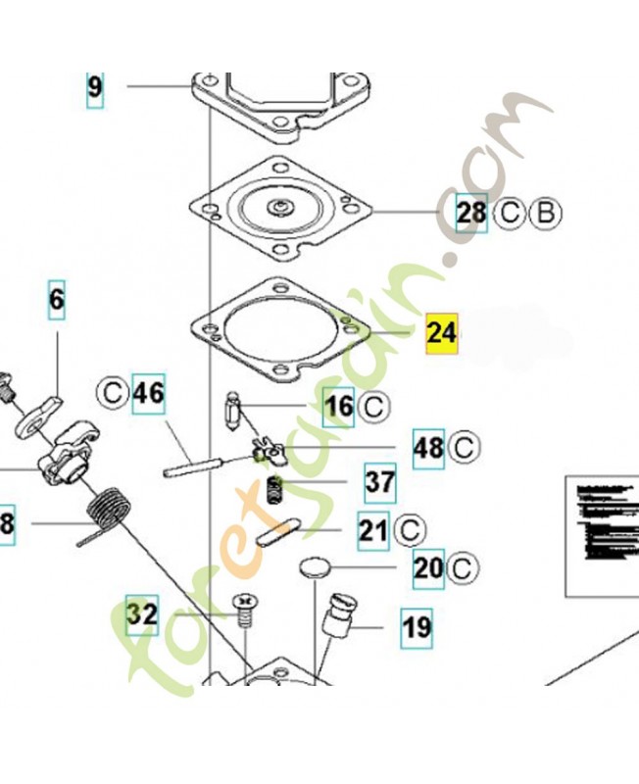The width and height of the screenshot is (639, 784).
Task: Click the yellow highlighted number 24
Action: click(x=442, y=333)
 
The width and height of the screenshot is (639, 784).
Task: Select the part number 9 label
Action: click(x=94, y=88)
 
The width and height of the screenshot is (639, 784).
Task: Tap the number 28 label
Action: click(x=471, y=212)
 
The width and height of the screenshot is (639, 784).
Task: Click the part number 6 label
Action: click(x=57, y=299)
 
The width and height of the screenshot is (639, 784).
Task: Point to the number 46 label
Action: click(x=148, y=395)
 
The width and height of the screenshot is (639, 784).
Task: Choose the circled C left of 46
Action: click(x=113, y=395)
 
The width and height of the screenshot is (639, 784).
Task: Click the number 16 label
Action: click(x=339, y=405)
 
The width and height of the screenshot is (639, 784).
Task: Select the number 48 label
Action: click(x=429, y=448)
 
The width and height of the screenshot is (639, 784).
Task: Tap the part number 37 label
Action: click(x=380, y=481)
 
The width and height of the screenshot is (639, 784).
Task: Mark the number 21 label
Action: click(x=372, y=530)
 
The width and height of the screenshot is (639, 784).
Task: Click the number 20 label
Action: click(x=428, y=568)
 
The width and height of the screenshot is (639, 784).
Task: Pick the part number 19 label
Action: click(x=417, y=625)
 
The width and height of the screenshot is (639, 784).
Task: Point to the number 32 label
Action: click(x=142, y=615)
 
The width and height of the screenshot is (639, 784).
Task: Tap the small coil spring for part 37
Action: click(x=276, y=488)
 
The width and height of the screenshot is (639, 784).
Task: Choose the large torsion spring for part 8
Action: click(x=107, y=512)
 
